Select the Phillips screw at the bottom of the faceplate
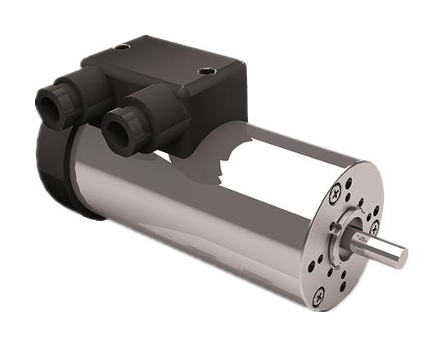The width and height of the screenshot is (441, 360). click(x=318, y=293)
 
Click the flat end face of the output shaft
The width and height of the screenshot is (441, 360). click(x=400, y=256)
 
